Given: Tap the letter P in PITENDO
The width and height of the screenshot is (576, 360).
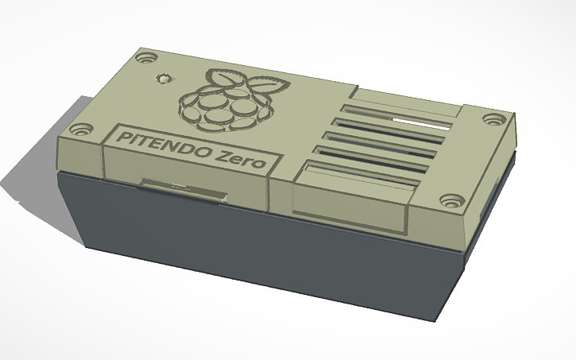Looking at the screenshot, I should pyautogui.click(x=124, y=135).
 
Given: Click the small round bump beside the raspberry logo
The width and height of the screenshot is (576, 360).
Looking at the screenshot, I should pyautogui.click(x=164, y=79).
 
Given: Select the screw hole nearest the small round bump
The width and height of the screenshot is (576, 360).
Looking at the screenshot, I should pyautogui.click(x=146, y=59).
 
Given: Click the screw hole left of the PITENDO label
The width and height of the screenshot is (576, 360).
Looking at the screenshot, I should pyautogui.click(x=80, y=127).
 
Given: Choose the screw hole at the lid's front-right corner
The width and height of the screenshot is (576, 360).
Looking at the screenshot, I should pyautogui.click(x=452, y=200).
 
